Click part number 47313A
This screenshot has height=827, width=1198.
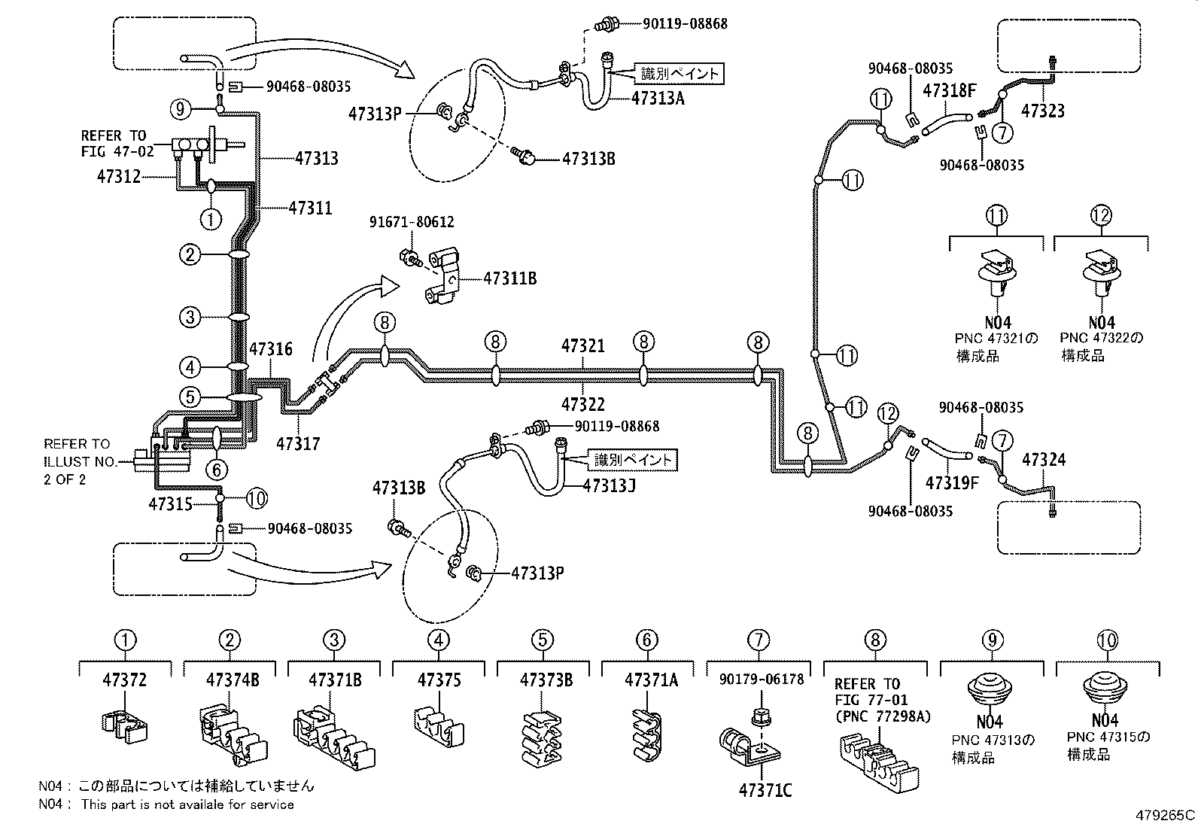tap(658, 98)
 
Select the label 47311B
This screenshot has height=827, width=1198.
tap(509, 278)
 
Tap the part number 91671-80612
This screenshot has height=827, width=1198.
tap(411, 223)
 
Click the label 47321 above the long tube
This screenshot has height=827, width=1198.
tap(582, 346)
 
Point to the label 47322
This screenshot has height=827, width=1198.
tap(582, 405)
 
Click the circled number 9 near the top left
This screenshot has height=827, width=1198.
tap(181, 109)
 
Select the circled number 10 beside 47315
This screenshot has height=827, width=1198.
tap(256, 498)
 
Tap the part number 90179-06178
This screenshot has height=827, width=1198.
tap(761, 680)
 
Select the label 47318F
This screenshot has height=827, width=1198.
tap(949, 91)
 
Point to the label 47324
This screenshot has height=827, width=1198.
tap(1044, 460)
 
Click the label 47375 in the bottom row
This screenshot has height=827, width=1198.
tap(439, 680)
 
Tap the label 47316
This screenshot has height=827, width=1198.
tap(271, 349)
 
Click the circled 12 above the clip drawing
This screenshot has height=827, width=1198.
tap(1100, 216)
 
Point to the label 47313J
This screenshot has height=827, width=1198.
tap(609, 485)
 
